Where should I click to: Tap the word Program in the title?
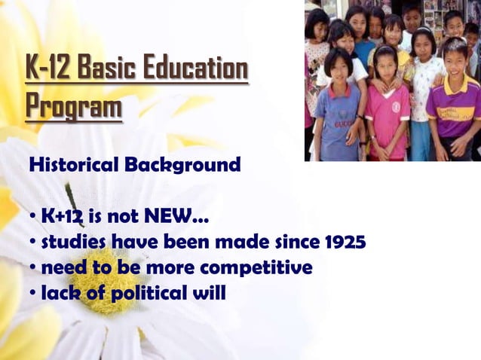[73, 106]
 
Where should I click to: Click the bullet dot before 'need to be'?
[32, 268]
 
